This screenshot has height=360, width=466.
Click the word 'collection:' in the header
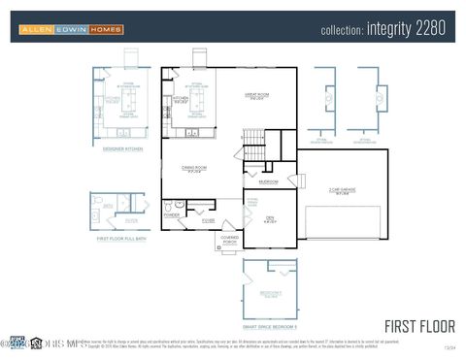[342, 30]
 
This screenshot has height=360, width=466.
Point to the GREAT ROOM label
[256, 96]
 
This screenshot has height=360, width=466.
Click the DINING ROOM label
[194, 168]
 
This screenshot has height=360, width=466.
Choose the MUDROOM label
[268, 181]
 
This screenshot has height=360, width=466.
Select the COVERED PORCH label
[230, 239]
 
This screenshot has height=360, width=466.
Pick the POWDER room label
[172, 215]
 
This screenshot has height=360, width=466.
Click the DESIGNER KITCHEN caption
[123, 148]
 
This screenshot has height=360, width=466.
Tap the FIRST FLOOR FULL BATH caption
[122, 237]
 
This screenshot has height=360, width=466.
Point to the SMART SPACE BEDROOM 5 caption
[270, 313]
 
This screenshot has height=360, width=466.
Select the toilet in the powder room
[168, 206]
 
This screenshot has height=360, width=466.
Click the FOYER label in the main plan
[208, 221]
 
